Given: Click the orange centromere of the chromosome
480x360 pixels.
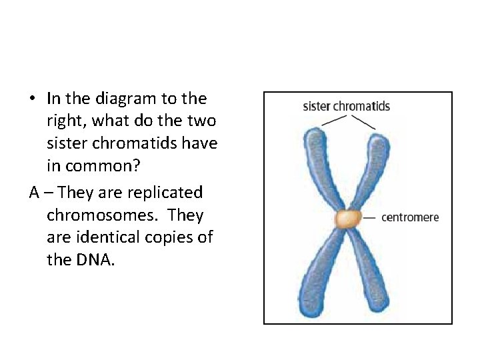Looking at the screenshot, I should tap(347, 219).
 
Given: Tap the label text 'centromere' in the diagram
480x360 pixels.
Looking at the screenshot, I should tap(410, 217).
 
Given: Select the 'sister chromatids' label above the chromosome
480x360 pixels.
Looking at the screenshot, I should tap(346, 106).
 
